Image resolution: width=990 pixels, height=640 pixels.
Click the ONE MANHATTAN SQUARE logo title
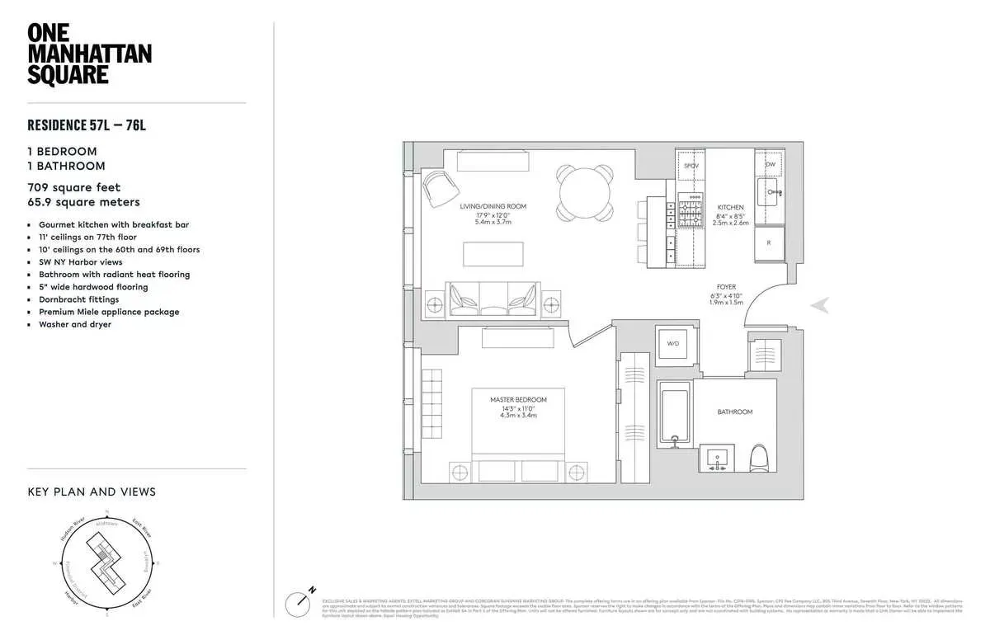coord(89,54)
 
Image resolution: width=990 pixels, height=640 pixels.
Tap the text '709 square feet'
coord(74,187)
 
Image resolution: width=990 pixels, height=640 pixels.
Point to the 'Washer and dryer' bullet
coord(75,324)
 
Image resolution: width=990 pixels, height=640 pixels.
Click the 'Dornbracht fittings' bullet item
coord(78,299)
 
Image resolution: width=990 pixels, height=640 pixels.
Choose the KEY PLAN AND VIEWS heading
coord(92,492)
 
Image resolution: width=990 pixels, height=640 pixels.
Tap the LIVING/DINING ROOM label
coord(493,207)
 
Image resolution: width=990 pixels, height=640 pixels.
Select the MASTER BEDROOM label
coord(518,400)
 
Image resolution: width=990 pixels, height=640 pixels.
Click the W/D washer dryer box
coord(672,343)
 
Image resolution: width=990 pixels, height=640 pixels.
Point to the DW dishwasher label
coord(770,164)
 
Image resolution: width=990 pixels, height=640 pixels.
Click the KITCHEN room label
coord(730,208)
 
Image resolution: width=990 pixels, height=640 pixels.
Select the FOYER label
coord(726,287)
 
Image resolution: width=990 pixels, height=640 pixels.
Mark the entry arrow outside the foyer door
coord(820,305)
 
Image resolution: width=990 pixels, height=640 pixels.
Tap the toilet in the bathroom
coord(758,459)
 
